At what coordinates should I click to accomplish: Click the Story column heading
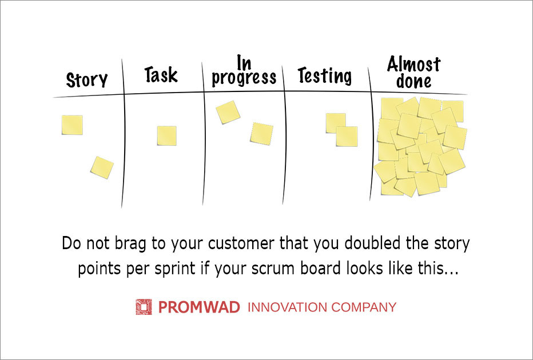(87, 80)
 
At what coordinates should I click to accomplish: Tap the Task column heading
(161, 74)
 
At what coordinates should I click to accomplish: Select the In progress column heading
(244, 71)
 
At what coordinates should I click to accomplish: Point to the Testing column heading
(325, 75)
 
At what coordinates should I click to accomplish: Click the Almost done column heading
(413, 73)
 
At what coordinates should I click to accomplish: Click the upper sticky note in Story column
(72, 125)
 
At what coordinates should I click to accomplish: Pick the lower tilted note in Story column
(102, 167)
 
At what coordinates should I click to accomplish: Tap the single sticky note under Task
(166, 136)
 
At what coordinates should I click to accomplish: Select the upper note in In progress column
(228, 112)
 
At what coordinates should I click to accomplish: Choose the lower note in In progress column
(262, 134)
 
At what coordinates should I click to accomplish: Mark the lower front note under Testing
(347, 137)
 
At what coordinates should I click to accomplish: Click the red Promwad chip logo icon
(144, 307)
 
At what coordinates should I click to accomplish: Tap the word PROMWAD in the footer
(199, 307)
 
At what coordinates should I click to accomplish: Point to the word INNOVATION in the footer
(288, 307)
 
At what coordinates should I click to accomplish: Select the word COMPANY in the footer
(364, 307)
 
